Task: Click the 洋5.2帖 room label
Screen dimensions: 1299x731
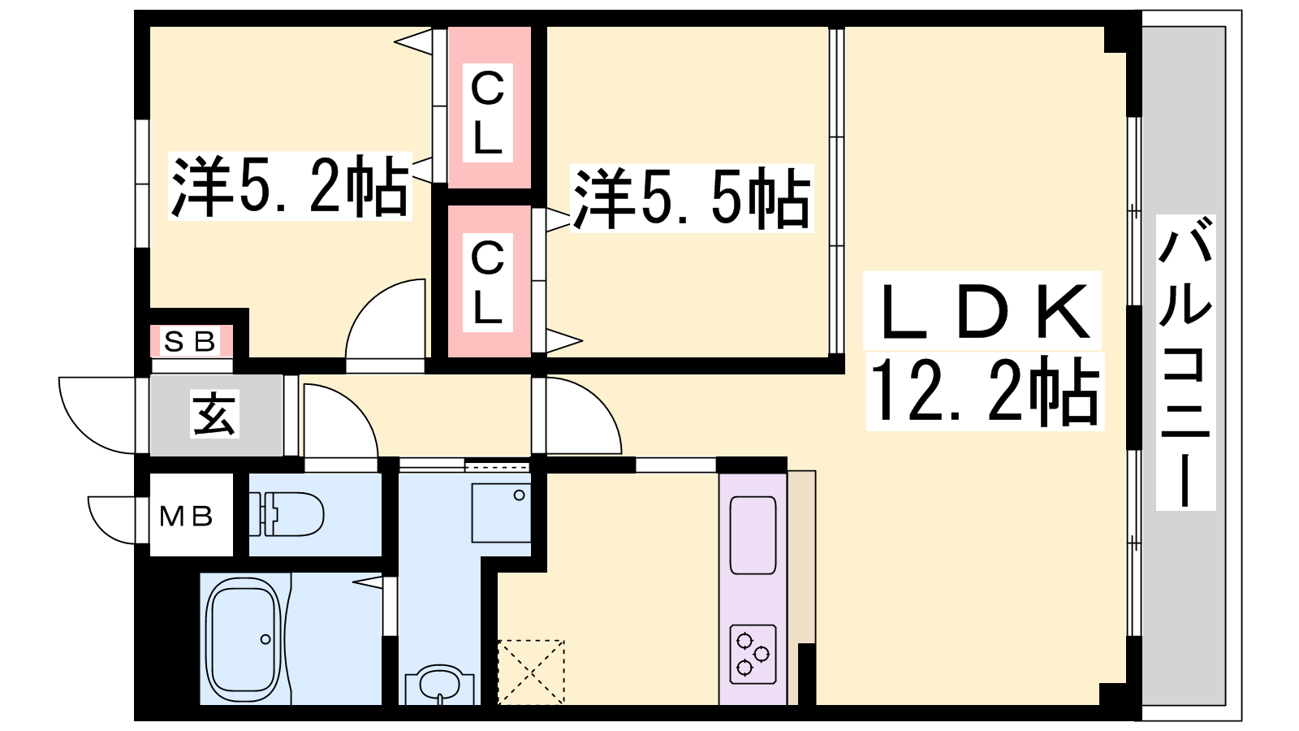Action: click(290, 186)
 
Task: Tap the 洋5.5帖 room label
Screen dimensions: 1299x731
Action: click(691, 198)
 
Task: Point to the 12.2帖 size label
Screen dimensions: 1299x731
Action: click(985, 391)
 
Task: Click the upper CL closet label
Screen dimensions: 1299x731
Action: click(487, 113)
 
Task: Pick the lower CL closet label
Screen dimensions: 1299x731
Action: click(487, 282)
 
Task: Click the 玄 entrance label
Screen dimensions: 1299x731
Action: click(214, 413)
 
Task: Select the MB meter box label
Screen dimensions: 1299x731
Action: click(186, 516)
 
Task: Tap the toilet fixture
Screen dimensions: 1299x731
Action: click(287, 514)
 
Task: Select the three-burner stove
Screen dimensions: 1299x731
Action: click(753, 654)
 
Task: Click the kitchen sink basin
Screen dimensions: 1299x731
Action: click(753, 535)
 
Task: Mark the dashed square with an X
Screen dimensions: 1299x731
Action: click(531, 673)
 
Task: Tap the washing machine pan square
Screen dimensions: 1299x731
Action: click(501, 513)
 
